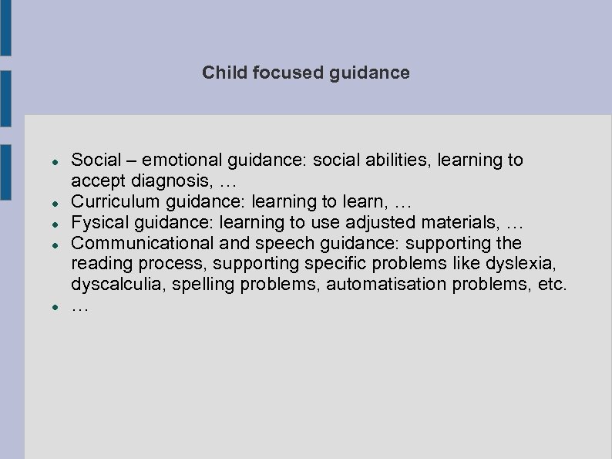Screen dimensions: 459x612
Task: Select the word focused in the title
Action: [279, 73]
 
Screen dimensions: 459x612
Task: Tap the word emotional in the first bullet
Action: [183, 160]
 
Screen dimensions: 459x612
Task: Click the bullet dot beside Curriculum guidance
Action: [46, 203]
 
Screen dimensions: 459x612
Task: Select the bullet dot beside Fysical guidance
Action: [46, 224]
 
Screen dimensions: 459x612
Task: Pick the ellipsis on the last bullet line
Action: [80, 307]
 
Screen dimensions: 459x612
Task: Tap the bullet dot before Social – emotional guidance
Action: [46, 161]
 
